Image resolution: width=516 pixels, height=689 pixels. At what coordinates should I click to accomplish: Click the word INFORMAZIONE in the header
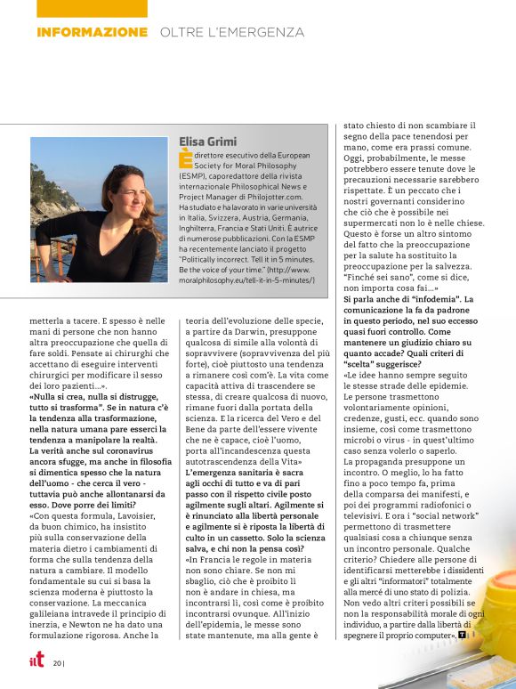click(x=92, y=32)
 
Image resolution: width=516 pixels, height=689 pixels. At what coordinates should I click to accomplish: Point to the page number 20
click(x=57, y=662)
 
